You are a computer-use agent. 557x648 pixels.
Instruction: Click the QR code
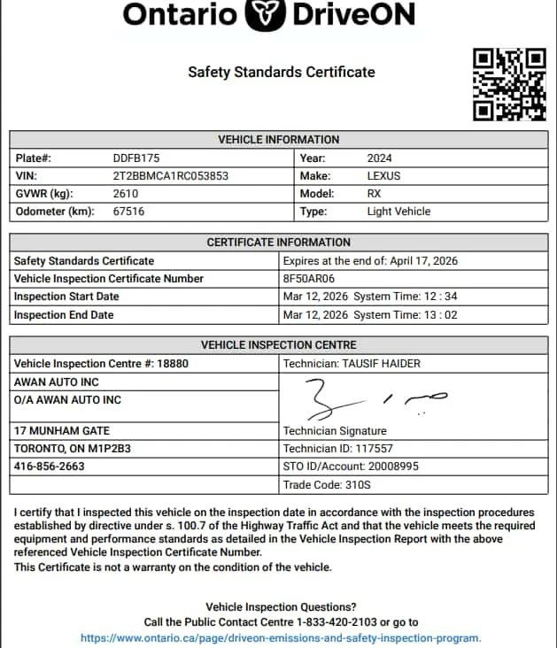pyautogui.click(x=509, y=84)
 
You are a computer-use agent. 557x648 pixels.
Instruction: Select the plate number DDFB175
pyautogui.click(x=136, y=158)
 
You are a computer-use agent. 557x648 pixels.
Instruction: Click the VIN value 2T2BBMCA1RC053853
pyautogui.click(x=170, y=176)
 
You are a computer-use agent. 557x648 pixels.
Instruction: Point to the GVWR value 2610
pyautogui.click(x=126, y=194)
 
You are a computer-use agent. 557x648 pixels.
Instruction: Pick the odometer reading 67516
pyautogui.click(x=128, y=212)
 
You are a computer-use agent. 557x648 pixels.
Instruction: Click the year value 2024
pyautogui.click(x=381, y=158)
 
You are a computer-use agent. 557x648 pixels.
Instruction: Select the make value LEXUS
pyautogui.click(x=383, y=176)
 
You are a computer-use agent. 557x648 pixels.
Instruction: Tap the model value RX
pyautogui.click(x=374, y=194)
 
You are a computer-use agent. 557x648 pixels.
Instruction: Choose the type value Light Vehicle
pyautogui.click(x=398, y=212)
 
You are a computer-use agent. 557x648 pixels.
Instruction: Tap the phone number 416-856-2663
pyautogui.click(x=50, y=467)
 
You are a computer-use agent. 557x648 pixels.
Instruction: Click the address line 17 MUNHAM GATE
pyautogui.click(x=62, y=431)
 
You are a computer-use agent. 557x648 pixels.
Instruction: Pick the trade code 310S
pyautogui.click(x=360, y=485)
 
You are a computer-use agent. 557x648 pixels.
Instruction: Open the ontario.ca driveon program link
pyautogui.click(x=281, y=637)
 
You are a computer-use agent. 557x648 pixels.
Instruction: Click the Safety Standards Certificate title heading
pyautogui.click(x=281, y=72)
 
